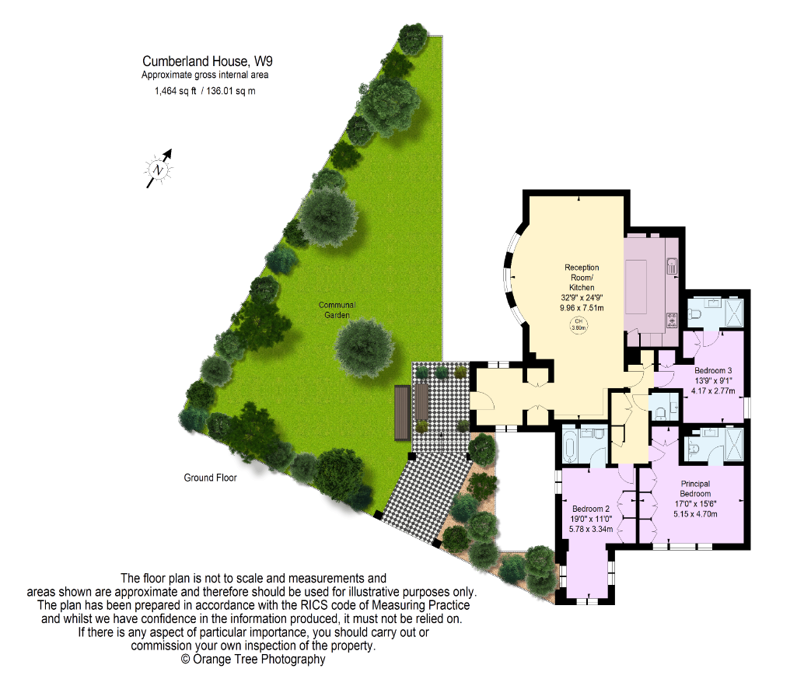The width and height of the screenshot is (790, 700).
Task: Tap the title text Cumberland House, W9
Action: click(x=208, y=61)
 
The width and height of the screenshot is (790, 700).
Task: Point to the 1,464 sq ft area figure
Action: click(x=175, y=91)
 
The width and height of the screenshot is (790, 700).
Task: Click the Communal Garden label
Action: click(x=337, y=310)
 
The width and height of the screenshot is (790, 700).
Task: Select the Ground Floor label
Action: click(x=210, y=478)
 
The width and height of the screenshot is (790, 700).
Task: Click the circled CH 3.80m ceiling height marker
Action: click(x=579, y=324)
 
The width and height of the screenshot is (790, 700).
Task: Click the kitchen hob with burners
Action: click(x=672, y=320)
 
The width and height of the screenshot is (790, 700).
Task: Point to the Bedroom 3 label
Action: click(x=713, y=370)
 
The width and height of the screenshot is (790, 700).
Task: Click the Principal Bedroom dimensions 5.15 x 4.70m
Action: click(x=695, y=514)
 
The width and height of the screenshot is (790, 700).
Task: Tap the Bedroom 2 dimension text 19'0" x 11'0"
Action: click(x=591, y=519)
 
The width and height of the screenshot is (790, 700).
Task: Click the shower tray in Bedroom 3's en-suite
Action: click(x=734, y=313)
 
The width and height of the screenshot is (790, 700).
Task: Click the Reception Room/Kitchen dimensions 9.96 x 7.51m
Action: click(x=582, y=307)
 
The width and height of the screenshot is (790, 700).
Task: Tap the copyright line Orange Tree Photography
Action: click(x=253, y=660)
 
